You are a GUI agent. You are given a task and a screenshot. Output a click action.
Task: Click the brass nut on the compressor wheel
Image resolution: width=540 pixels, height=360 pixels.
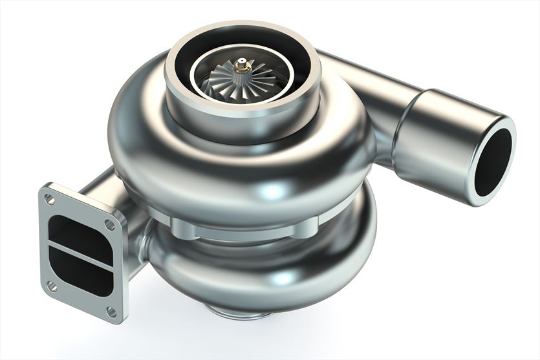(243, 65)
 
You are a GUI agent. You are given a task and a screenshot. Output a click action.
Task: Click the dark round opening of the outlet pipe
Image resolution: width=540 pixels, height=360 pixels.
(493, 162)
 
